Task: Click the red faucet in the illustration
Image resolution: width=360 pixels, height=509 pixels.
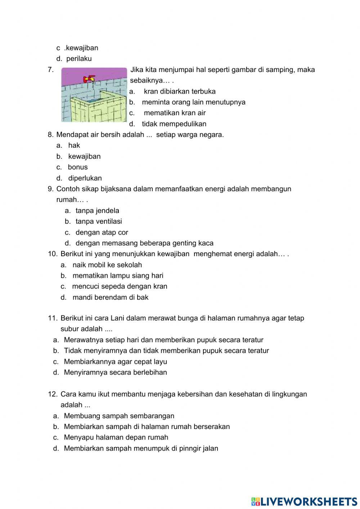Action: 89,79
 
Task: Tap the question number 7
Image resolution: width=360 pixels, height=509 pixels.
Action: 51,70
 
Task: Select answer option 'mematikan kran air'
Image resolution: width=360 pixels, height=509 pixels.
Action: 175,113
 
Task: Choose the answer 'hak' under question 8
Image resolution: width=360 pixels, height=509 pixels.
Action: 74,146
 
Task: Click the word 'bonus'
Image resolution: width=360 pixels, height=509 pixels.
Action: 78,167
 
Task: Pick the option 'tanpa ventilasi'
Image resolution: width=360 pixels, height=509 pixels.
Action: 99,222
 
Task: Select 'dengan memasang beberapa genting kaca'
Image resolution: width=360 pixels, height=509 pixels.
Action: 144,243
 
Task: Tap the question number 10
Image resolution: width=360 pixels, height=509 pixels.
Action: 53,254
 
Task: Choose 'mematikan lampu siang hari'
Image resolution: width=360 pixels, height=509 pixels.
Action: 118,276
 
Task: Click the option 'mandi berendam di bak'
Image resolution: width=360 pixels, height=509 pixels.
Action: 110,298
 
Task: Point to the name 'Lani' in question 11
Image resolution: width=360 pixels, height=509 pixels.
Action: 117,318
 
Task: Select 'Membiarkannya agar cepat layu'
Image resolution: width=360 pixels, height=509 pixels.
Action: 115,362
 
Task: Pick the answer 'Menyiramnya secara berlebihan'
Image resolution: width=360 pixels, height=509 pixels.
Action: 115,372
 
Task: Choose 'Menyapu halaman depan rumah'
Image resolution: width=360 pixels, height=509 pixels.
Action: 116,438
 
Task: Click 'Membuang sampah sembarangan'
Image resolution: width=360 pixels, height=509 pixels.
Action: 119,416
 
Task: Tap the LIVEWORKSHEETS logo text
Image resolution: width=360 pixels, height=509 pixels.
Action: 308,501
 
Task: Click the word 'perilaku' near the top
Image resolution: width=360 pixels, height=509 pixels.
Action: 79,59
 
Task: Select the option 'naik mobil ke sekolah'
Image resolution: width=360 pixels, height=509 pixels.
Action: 107,265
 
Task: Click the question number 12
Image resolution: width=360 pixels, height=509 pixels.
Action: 53,394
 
